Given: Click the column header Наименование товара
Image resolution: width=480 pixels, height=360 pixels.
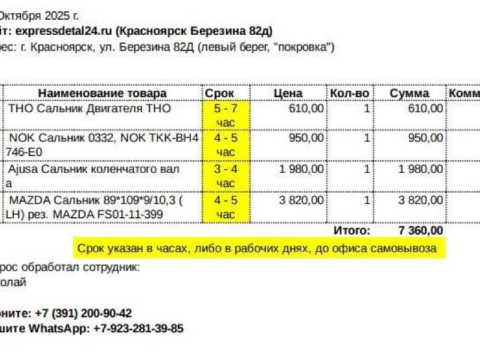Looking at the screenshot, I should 103,93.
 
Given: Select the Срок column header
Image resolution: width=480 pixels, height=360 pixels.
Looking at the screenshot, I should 220,93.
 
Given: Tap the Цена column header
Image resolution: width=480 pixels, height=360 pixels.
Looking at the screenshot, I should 288,93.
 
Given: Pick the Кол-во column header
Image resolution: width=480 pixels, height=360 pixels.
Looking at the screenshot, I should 349,93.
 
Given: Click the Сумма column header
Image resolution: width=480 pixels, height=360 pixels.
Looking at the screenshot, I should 409,93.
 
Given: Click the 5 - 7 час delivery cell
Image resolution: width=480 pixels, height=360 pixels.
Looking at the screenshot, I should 226,115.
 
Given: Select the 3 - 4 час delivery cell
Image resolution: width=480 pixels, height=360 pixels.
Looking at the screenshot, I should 226,176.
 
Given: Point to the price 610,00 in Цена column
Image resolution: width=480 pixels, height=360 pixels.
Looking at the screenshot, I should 306,108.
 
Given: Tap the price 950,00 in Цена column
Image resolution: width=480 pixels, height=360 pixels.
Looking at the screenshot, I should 306,138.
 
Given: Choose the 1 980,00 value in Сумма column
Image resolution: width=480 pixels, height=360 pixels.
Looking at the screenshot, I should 421,169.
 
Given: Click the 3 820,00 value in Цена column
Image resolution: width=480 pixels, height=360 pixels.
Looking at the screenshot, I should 302,199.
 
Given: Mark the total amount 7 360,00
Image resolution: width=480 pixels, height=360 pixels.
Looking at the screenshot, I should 421,230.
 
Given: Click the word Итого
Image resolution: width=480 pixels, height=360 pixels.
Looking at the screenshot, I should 352,230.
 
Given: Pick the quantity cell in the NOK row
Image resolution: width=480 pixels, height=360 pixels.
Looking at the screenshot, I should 367,138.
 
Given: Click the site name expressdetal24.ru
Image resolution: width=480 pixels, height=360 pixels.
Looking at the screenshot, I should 62,31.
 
